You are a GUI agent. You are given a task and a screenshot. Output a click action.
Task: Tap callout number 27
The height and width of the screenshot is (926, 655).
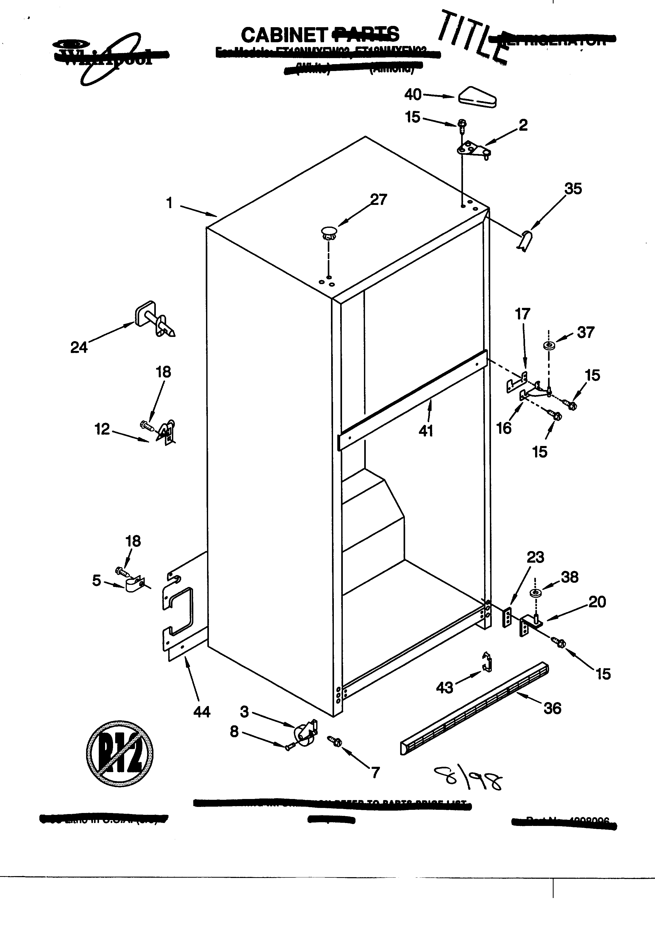(378, 199)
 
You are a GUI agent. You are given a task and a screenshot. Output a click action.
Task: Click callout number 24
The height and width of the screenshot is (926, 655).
(79, 347)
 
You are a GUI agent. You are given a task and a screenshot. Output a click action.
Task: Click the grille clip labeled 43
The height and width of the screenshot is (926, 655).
(487, 663)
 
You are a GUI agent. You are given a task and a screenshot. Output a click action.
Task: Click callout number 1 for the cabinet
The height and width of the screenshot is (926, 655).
(169, 203)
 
